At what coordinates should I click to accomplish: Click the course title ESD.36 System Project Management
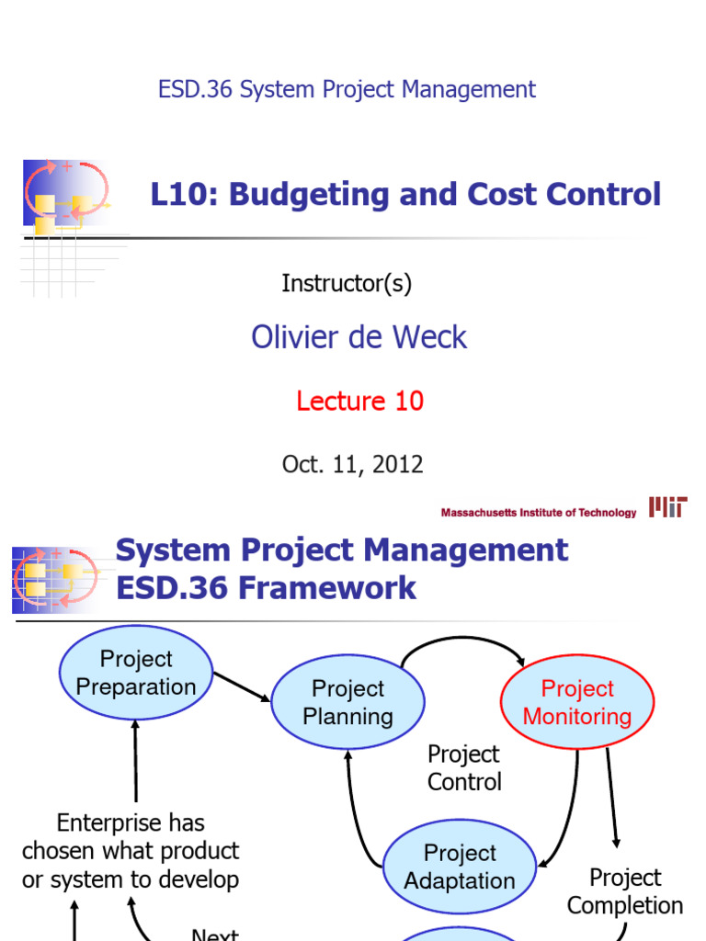tap(347, 89)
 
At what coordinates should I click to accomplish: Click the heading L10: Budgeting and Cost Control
tap(405, 194)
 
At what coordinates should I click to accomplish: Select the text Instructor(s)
tap(347, 284)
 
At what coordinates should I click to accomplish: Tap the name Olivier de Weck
tap(359, 337)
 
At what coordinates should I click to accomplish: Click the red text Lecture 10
tap(359, 401)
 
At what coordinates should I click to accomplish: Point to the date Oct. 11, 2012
tap(353, 464)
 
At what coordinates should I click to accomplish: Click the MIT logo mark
tap(668, 507)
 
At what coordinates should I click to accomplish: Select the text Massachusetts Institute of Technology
tap(539, 513)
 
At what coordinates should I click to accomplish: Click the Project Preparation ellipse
tap(136, 673)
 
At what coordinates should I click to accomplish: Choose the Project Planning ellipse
tap(347, 703)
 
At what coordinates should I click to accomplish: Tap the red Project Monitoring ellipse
tap(577, 703)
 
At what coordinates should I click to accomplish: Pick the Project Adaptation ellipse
tap(460, 867)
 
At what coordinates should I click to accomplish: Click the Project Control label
tap(464, 768)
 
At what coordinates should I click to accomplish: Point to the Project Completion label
tap(625, 891)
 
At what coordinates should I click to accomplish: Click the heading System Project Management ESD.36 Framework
tap(342, 569)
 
